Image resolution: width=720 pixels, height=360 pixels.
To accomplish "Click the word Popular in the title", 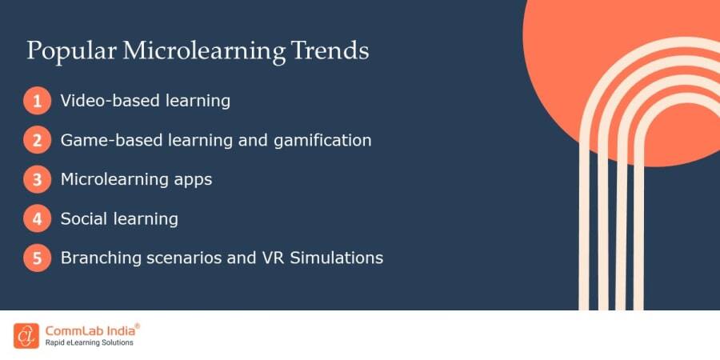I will [x=70, y=51].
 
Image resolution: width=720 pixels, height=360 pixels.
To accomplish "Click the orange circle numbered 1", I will [x=36, y=102].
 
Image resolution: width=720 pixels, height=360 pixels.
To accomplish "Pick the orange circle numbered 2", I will [x=36, y=141].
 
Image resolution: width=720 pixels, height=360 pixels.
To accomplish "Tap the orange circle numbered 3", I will [x=36, y=180].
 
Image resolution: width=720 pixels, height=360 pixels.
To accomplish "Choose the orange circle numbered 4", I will [x=36, y=219].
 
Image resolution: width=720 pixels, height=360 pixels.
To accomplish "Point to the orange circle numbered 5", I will [x=36, y=258].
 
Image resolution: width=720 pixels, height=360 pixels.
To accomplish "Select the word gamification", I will [x=325, y=141].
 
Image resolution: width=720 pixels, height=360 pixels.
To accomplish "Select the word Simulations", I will [x=343, y=258].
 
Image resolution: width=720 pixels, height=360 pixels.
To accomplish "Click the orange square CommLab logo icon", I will [x=26, y=335].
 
